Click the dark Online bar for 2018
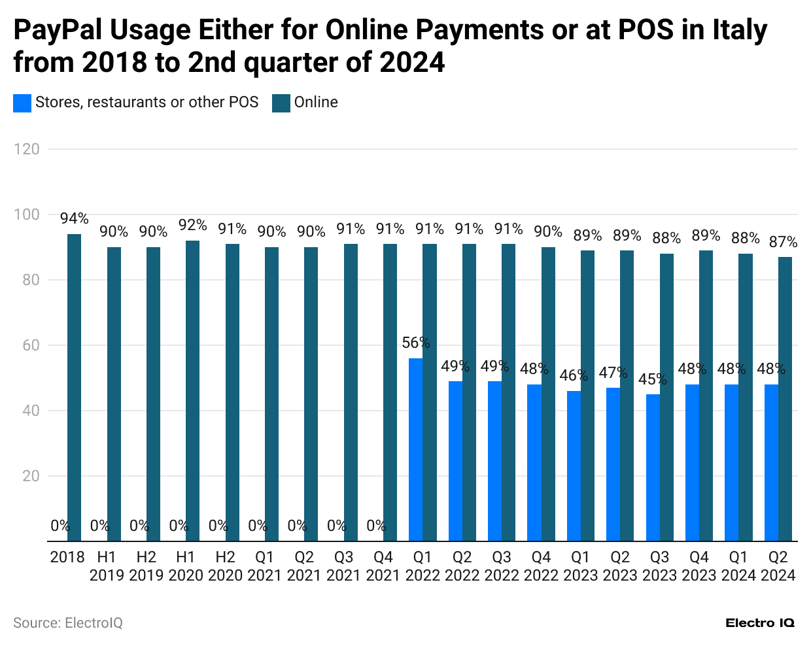(x=75, y=387)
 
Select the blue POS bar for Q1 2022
(x=415, y=450)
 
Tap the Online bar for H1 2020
(x=193, y=391)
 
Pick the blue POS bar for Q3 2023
(x=652, y=467)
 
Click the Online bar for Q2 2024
(x=785, y=399)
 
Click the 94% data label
(x=75, y=218)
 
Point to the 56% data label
(x=416, y=343)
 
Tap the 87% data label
(x=783, y=242)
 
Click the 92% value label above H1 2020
(x=193, y=225)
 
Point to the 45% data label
(x=653, y=379)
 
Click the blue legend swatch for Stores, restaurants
(x=22, y=103)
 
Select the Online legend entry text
(x=316, y=103)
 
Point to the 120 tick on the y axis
(x=27, y=149)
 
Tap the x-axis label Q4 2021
(x=383, y=566)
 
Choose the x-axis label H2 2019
(x=147, y=566)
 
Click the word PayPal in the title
(x=57, y=30)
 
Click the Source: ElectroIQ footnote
(x=68, y=623)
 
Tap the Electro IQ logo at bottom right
(x=760, y=623)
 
